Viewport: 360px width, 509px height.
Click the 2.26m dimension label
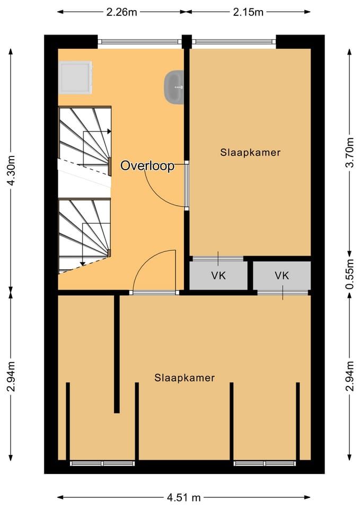point(122,12)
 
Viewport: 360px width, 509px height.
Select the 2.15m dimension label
point(248,12)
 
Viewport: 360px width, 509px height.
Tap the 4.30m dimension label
point(11,170)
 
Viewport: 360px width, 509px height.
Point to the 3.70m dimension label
point(349,152)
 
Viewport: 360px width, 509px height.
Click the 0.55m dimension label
point(349,274)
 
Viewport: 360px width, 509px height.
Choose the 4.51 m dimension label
point(184,497)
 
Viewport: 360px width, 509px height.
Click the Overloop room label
point(147,165)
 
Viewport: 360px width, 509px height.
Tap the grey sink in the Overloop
point(174,87)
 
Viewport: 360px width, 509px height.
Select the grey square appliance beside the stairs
point(75,78)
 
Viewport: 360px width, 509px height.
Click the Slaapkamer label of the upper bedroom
point(250,152)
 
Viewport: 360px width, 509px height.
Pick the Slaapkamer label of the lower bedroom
point(185,378)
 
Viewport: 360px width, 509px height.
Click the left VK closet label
point(218,276)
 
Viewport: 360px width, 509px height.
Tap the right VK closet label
point(282,276)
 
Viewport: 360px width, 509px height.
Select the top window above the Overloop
point(139,41)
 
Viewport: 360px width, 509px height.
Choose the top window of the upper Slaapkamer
point(234,41)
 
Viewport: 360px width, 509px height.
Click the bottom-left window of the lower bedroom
point(102,463)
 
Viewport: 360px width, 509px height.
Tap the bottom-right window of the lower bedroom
point(265,463)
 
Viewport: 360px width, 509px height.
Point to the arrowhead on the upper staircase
point(109,131)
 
